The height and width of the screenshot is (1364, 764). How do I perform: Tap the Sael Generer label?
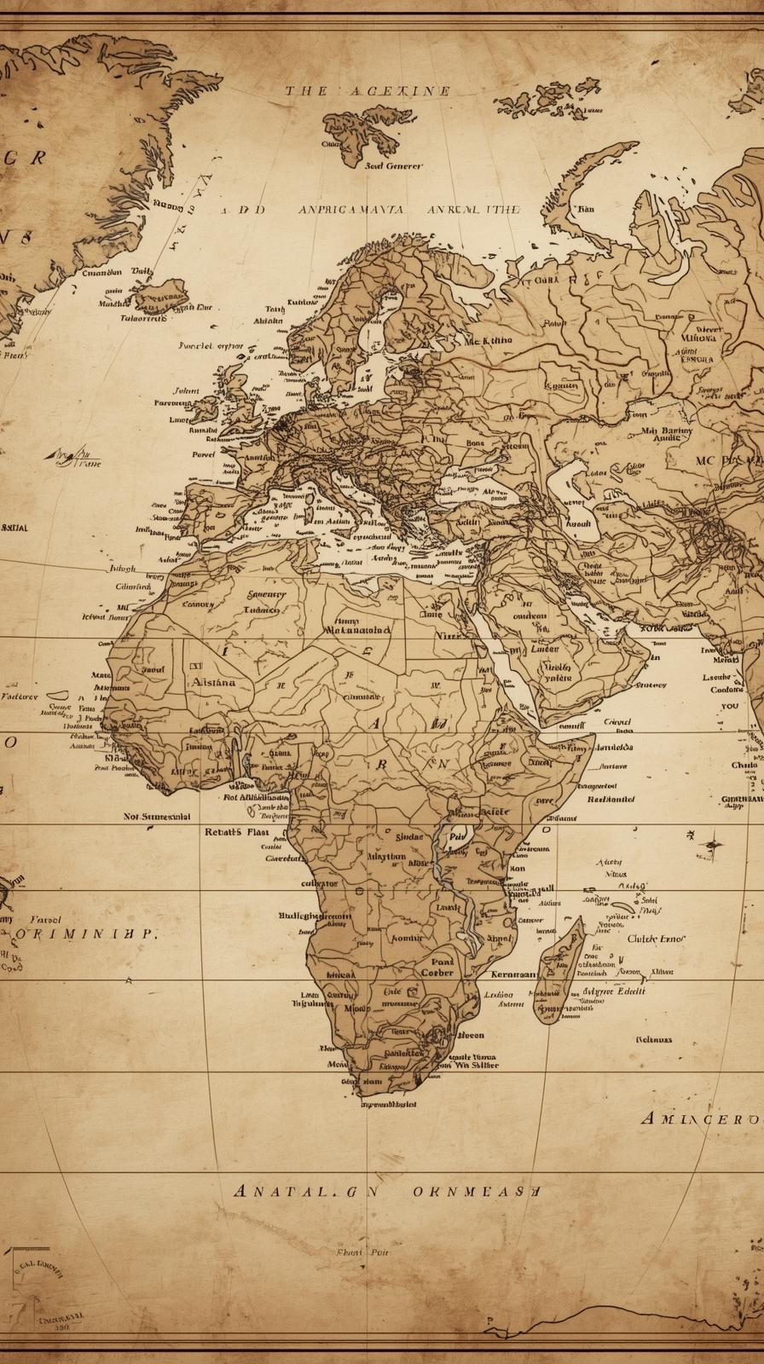393,166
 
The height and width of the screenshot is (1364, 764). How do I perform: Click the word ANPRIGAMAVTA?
351,209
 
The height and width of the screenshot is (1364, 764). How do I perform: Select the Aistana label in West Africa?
213,682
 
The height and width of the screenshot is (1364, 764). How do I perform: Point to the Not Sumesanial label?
157,816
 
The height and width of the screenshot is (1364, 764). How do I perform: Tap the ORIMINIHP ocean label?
88,933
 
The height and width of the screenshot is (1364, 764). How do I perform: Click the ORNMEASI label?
476,1191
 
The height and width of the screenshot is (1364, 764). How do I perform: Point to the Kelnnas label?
654,1039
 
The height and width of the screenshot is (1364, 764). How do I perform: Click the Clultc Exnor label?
656,939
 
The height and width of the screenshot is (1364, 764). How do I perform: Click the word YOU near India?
730,706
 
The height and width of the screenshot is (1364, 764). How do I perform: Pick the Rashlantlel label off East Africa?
611,800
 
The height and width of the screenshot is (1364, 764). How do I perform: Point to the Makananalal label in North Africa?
358,631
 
